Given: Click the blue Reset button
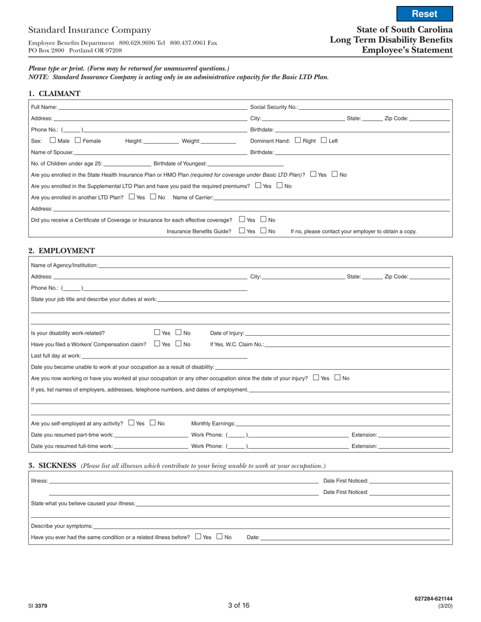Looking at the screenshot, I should [x=424, y=14].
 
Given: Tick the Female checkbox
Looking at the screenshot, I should [x=78, y=140].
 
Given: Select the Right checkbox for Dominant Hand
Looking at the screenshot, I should [x=297, y=140].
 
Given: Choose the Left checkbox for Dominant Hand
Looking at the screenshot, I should [x=324, y=140].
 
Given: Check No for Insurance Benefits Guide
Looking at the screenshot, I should [x=264, y=231].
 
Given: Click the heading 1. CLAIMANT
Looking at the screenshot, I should [x=54, y=94].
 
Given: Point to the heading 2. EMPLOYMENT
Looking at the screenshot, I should [x=61, y=250].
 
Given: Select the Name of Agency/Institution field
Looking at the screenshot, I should [x=273, y=265].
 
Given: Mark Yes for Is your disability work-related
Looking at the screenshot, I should [x=157, y=332].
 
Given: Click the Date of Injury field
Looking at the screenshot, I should [x=347, y=333].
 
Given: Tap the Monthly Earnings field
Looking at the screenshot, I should [x=342, y=423].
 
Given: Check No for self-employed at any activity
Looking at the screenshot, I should [x=153, y=422].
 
